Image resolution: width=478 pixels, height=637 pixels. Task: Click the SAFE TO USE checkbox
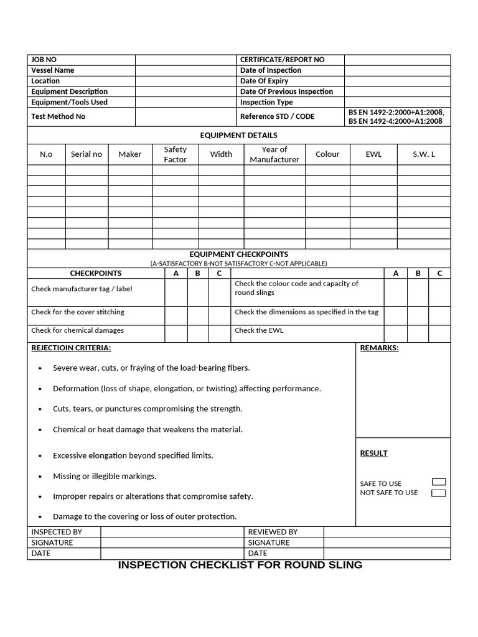pos(439,482)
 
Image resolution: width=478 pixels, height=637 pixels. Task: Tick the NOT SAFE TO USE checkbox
pos(439,493)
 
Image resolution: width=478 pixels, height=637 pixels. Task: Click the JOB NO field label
pos(44,60)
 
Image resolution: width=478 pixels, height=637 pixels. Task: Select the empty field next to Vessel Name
pos(186,70)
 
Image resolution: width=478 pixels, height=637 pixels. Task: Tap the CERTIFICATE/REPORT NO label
pos(282,60)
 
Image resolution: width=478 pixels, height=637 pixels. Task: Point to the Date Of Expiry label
pos(264,81)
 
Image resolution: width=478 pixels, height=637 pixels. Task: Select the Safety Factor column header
pos(175,154)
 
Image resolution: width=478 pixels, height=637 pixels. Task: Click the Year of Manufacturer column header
pos(274,154)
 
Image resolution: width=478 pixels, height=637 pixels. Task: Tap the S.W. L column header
pos(424,154)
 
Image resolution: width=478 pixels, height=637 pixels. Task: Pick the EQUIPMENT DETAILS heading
pos(238,135)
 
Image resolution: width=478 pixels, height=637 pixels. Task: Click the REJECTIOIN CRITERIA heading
pos(71,348)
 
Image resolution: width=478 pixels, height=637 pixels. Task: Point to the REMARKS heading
pos(379,348)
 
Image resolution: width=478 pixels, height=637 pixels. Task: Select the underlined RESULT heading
pos(373,453)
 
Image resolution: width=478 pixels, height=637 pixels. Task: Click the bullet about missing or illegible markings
pos(105,476)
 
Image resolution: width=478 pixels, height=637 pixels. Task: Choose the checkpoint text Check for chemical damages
pos(77,330)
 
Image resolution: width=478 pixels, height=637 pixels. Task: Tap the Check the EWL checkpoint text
pos(259,330)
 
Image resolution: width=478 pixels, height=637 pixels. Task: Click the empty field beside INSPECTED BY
pos(172,532)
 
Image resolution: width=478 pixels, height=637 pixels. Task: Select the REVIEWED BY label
pos(273,532)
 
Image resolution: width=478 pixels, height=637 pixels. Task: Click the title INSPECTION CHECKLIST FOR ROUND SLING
pos(240,565)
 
